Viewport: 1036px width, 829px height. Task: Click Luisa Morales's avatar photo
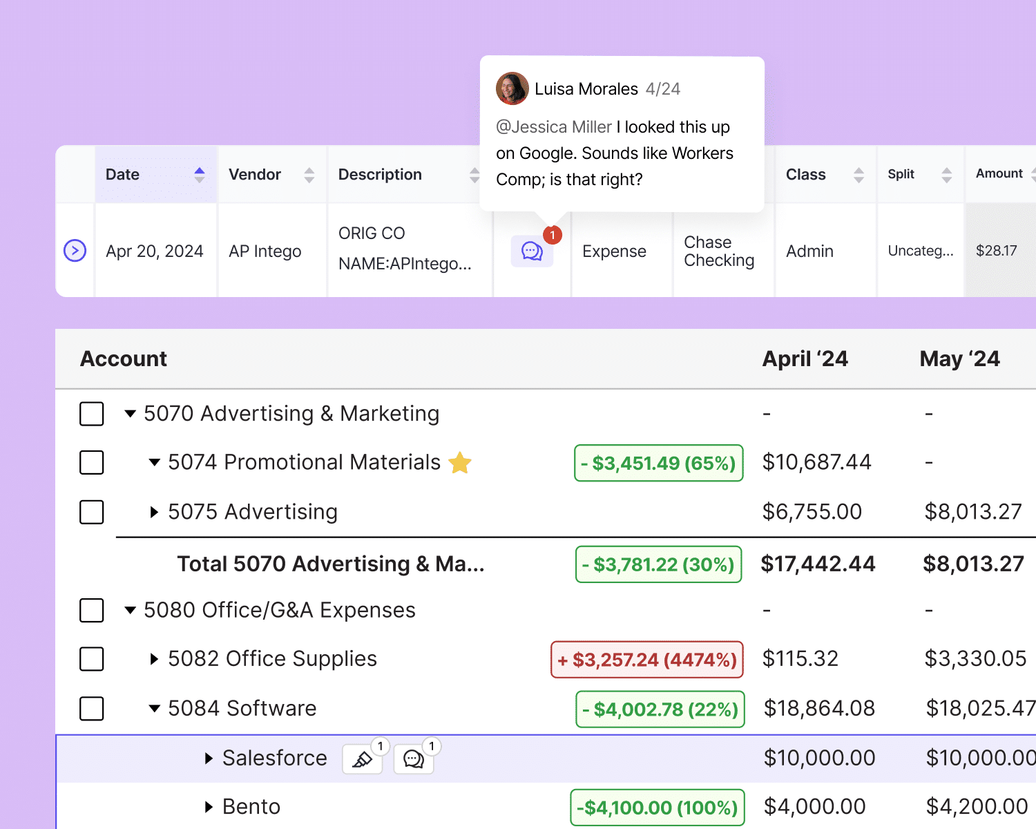point(512,88)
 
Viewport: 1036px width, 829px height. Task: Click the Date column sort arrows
point(200,175)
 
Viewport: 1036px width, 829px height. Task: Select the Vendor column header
point(255,175)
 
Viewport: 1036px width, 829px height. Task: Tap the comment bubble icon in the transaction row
point(532,251)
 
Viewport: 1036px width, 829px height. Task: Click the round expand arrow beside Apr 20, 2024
point(75,250)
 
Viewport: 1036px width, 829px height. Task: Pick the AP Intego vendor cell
point(265,251)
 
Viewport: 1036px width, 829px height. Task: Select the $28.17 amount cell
point(996,251)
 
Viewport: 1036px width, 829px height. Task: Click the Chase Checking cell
point(719,251)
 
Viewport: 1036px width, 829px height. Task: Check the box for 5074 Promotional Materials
point(92,462)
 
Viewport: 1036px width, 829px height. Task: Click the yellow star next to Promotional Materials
point(460,462)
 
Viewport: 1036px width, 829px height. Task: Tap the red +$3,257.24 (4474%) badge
point(647,660)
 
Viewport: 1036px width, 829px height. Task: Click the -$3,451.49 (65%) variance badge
point(659,463)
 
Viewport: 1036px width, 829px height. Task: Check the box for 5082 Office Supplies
point(92,659)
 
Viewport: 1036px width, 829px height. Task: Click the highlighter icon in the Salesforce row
point(363,760)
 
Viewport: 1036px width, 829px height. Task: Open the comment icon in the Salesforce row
point(413,760)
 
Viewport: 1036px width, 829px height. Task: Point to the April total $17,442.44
point(818,564)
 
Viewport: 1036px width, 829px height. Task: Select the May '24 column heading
point(959,359)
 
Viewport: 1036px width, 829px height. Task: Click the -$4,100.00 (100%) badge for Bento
point(658,808)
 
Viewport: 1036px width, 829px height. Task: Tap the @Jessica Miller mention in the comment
point(554,127)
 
